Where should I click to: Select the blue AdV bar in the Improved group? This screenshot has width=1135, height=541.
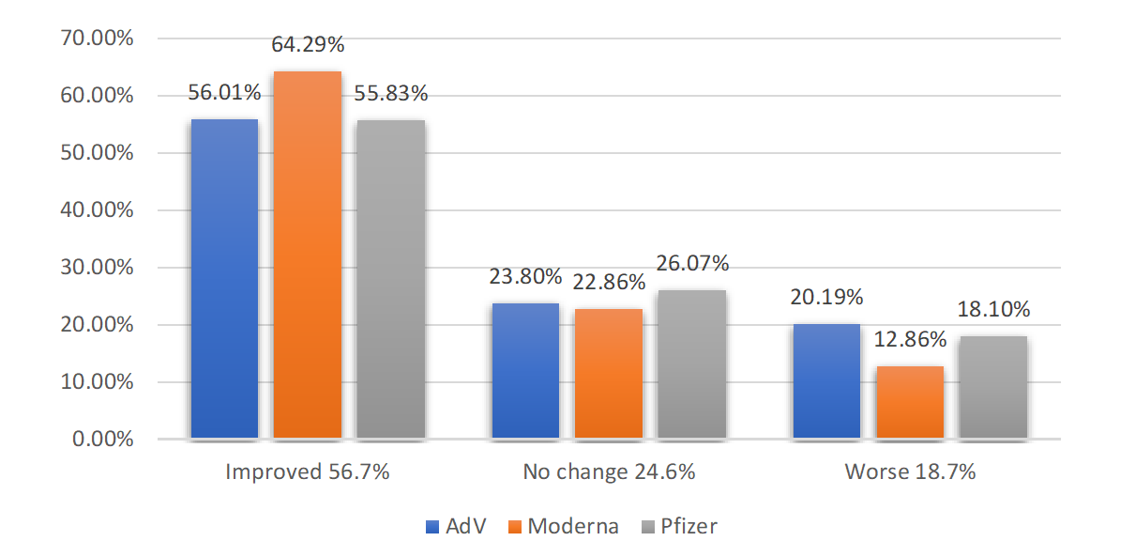click(x=224, y=279)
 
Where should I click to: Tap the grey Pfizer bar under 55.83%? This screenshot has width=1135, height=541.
click(x=390, y=280)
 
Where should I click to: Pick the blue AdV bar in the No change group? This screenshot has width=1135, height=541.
click(x=525, y=371)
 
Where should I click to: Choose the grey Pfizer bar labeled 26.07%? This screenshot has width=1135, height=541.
click(x=691, y=364)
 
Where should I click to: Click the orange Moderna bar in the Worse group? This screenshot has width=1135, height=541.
click(x=909, y=402)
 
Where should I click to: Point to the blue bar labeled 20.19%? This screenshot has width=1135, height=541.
click(x=826, y=381)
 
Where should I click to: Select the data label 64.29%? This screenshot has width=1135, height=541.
click(x=309, y=44)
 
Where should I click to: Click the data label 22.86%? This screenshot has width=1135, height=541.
click(x=610, y=282)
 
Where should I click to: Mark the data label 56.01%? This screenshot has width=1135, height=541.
click(x=225, y=92)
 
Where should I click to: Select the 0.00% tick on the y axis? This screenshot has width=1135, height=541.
click(x=103, y=440)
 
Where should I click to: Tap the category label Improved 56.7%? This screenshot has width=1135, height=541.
click(x=308, y=471)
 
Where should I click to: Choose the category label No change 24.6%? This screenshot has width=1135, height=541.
click(x=609, y=471)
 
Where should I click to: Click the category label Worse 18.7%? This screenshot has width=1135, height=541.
click(x=910, y=471)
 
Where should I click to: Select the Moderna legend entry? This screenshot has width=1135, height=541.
click(x=563, y=526)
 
